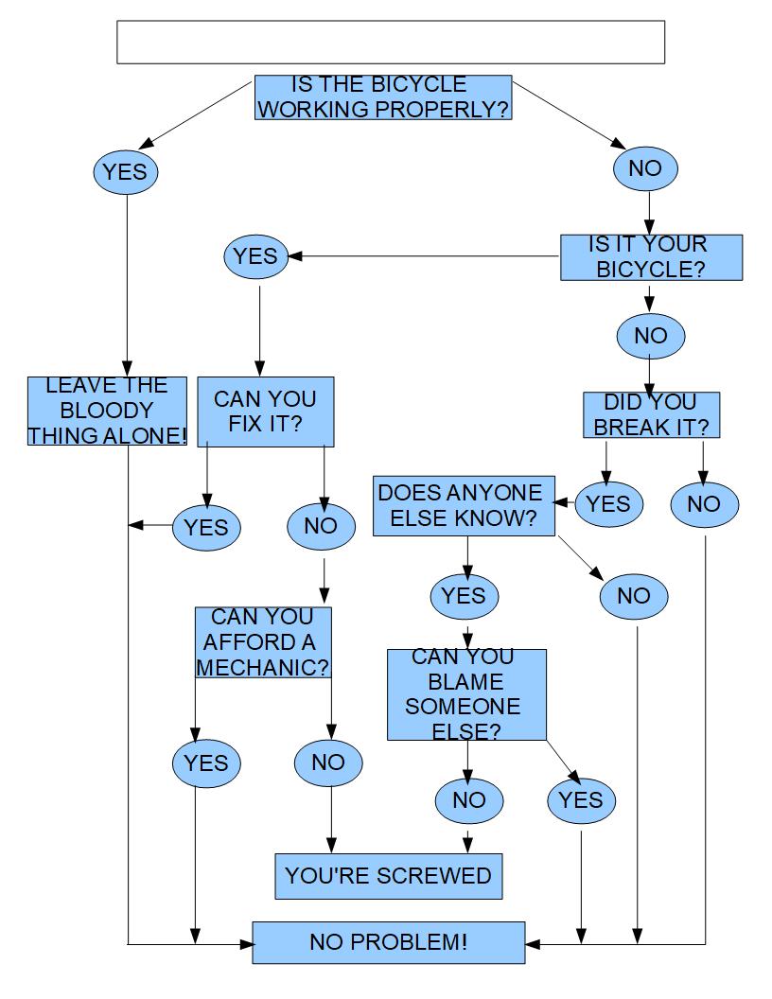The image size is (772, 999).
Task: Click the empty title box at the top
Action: tap(390, 43)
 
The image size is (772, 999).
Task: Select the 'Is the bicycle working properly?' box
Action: tap(382, 97)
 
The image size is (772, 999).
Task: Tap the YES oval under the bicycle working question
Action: tap(126, 172)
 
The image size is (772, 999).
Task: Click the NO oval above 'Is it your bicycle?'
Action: tap(646, 168)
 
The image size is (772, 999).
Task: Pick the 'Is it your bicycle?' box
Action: tap(651, 257)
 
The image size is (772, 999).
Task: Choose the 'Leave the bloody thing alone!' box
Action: tap(107, 411)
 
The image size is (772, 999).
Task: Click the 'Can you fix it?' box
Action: tap(265, 412)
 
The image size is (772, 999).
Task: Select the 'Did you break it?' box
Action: tap(651, 415)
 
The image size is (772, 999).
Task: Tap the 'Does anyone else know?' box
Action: tap(463, 506)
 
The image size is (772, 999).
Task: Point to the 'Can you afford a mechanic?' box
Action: tap(263, 642)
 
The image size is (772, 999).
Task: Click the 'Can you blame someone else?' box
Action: tap(466, 694)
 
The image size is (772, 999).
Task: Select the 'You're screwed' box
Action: tap(388, 876)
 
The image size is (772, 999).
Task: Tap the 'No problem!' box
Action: tap(388, 942)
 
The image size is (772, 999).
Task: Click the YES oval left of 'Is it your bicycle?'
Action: tap(255, 257)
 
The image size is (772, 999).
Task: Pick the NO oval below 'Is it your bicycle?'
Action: tap(650, 336)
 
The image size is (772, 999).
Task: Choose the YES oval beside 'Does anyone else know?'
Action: tap(608, 504)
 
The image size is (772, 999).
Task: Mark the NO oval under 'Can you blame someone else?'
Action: tap(468, 800)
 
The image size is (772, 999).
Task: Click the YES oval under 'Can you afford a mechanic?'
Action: tap(206, 762)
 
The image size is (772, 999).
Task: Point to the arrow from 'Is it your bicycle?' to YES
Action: tap(426, 256)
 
